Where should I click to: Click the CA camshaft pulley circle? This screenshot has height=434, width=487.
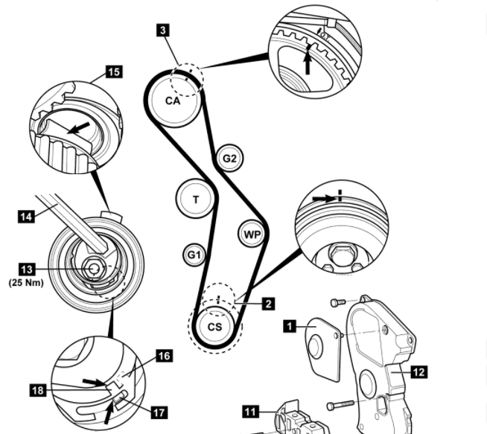[173, 100]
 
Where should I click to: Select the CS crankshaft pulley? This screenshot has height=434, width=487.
[214, 326]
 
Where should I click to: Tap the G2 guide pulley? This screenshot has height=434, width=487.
[229, 158]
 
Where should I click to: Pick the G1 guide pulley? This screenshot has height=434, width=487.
[194, 255]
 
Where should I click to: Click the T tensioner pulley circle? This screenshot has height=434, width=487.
[196, 199]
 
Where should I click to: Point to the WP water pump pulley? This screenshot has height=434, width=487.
[252, 235]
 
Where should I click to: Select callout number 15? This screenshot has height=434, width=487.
[114, 71]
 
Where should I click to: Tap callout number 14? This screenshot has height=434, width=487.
[25, 217]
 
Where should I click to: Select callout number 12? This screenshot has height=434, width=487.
[419, 370]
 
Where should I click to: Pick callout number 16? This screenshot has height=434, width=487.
[164, 356]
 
